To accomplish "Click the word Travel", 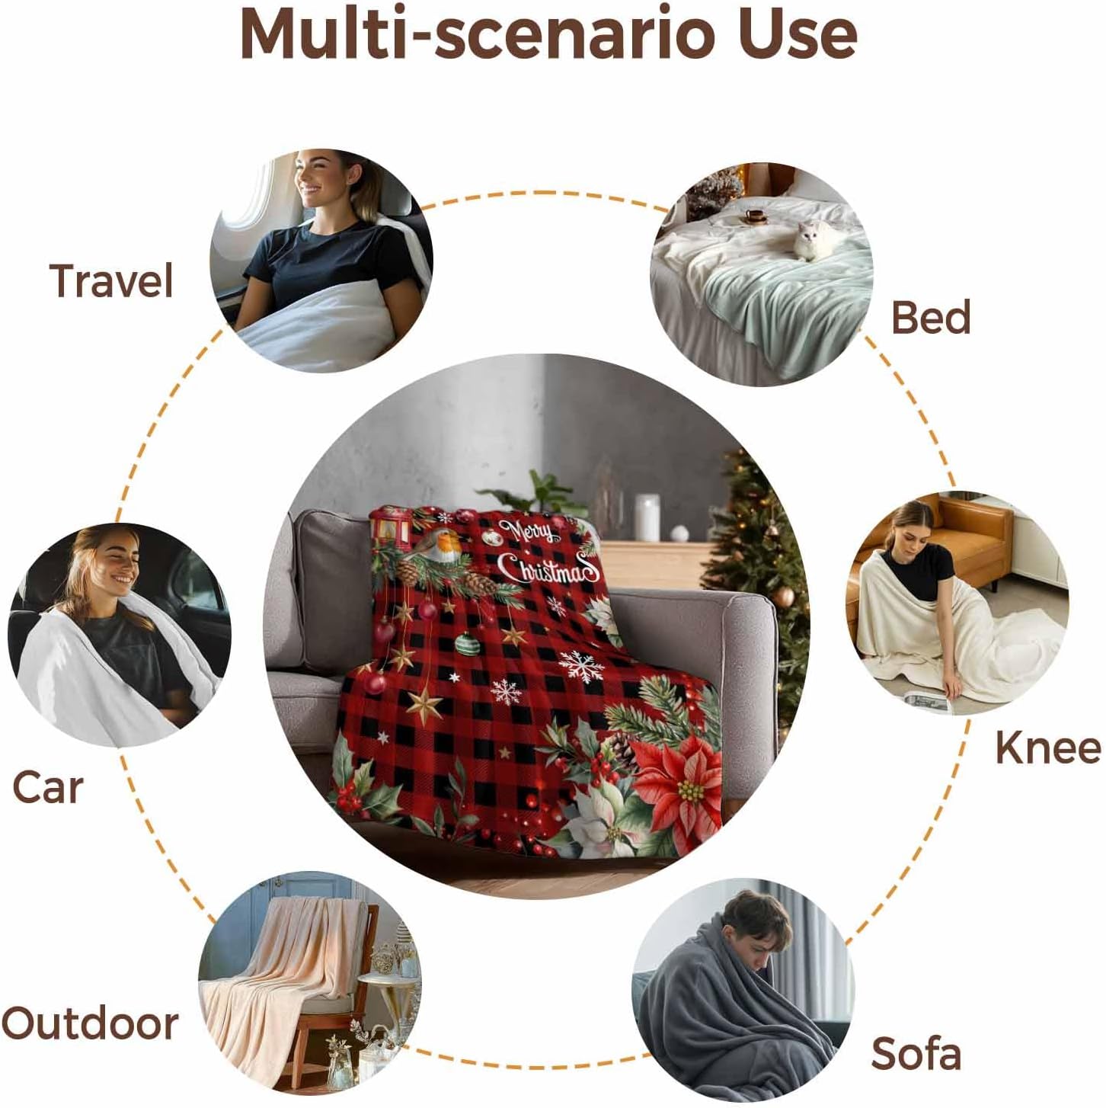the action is point(112,281).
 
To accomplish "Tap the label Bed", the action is point(931,318).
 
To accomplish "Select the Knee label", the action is point(1048,748).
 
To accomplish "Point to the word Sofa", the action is point(916,1055).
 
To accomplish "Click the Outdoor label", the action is point(90,1023).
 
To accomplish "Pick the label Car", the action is point(47,787).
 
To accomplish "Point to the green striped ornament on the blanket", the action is point(466,645).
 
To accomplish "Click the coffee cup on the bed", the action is point(755,217).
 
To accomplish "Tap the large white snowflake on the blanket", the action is point(581,666).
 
